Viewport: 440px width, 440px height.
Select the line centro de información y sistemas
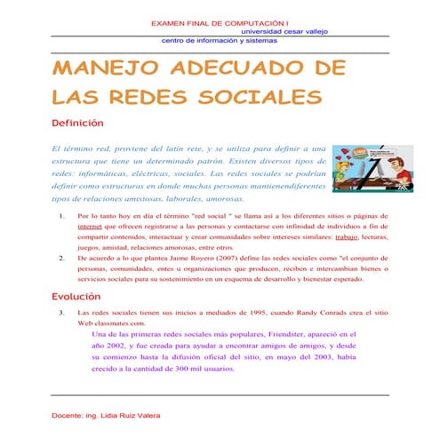[x=220, y=40]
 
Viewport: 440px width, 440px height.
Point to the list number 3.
[x=60, y=314]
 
